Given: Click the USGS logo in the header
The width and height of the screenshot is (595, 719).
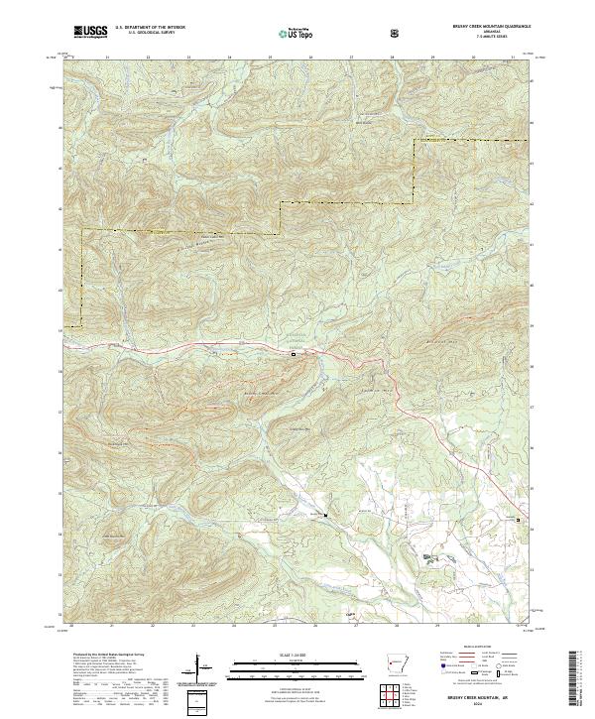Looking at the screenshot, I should coord(90,33).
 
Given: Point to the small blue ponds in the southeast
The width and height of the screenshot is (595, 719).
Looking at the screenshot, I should coord(428,558).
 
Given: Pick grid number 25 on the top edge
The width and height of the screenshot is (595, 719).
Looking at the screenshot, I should coord(270,58).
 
